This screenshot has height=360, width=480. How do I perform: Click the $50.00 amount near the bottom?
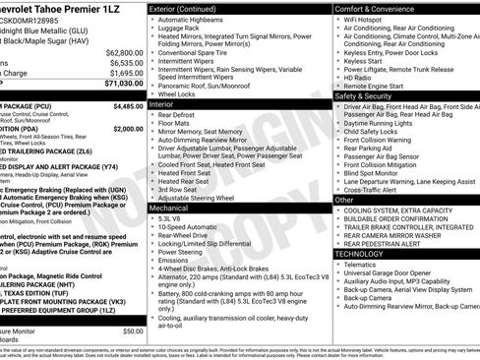(x=133, y=331)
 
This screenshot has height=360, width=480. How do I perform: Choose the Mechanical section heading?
(x=170, y=209)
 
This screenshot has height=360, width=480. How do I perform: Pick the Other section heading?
(x=345, y=199)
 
